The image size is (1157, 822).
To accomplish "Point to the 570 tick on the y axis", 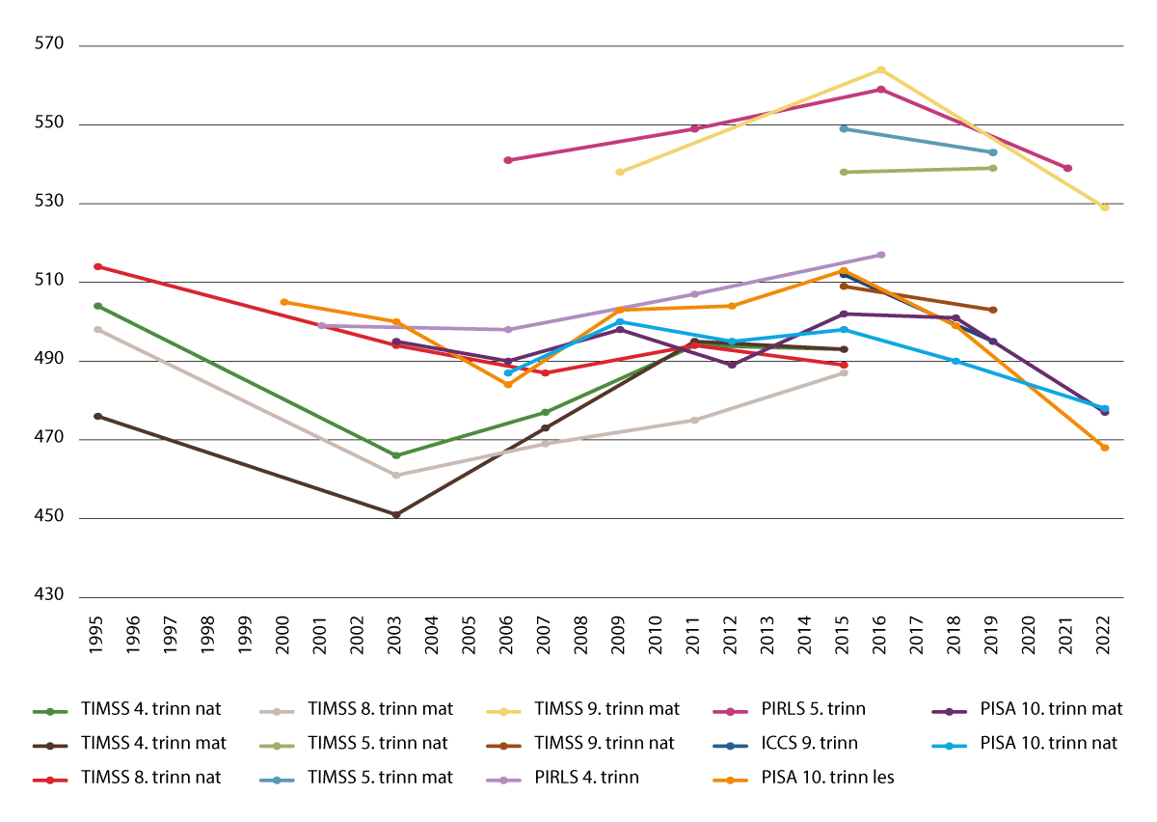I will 47,45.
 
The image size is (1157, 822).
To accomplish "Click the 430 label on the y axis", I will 47,596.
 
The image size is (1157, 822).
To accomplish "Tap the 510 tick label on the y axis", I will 47,282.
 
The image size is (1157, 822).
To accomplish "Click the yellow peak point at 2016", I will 881,69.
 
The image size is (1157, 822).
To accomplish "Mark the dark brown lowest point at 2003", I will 396,514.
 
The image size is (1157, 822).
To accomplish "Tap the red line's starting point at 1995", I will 97,266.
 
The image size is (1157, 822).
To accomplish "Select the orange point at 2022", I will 1105,448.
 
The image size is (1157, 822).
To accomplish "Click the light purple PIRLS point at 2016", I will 881,255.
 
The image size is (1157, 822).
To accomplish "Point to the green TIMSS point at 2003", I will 396,455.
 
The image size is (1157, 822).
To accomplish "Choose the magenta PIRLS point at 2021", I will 1068,168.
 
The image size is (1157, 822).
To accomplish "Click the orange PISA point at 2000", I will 283,302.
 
